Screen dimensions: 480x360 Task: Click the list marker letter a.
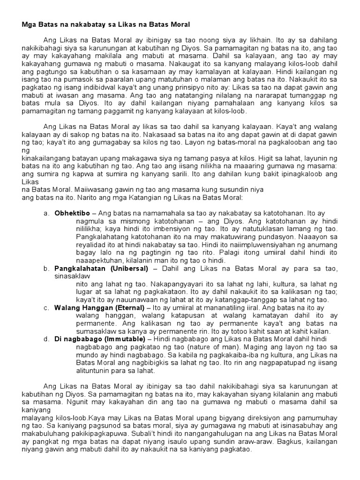(46, 213)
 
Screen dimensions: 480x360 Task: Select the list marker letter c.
(46, 307)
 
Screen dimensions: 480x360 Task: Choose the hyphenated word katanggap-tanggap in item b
(254, 300)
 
